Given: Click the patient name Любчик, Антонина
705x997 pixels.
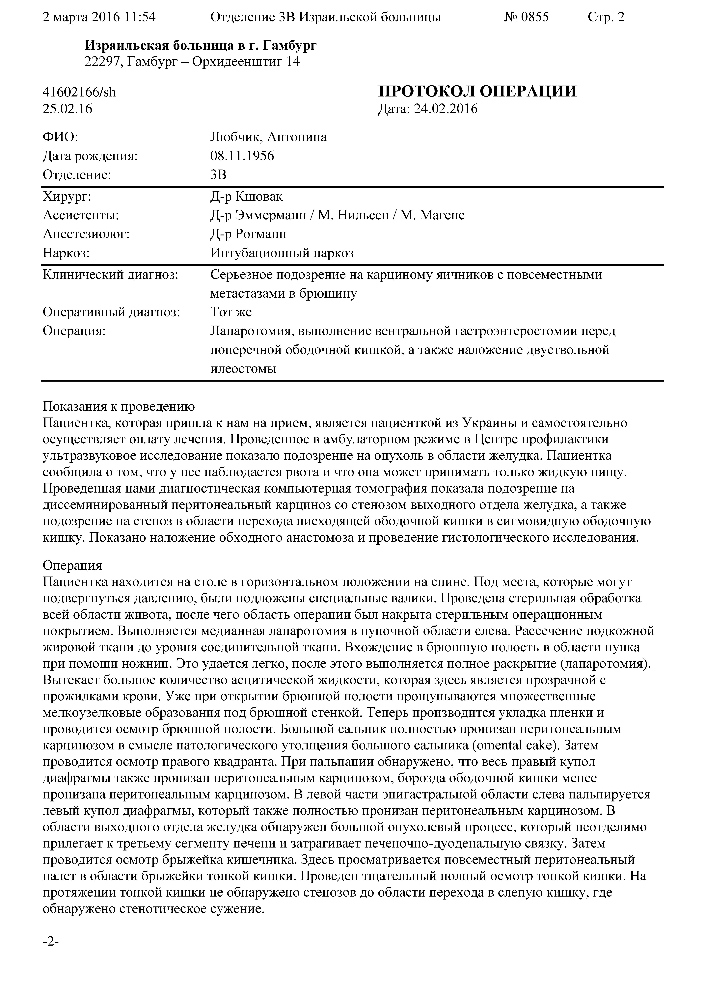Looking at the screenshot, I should [268, 137].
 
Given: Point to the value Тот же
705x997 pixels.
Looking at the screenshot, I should [231, 312].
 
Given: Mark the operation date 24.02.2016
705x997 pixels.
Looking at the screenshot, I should [445, 109].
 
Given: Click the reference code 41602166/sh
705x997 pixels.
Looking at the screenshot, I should [79, 92].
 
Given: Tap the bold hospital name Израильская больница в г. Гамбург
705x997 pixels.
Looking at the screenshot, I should [201, 45].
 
